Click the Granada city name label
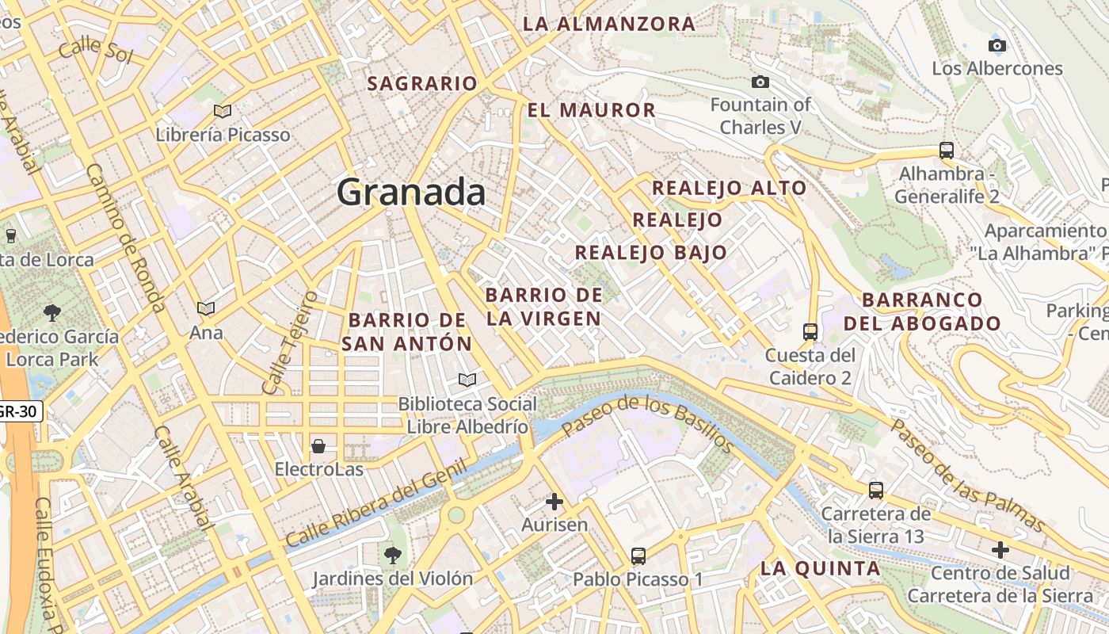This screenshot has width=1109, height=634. (411, 193)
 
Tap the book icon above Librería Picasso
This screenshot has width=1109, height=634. (223, 111)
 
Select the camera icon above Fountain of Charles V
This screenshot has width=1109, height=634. (760, 82)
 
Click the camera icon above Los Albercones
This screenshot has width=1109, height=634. (997, 45)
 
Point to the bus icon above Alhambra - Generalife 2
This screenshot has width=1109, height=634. (946, 150)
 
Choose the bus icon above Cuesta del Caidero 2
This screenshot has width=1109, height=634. (810, 331)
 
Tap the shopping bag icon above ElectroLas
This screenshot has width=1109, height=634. (318, 446)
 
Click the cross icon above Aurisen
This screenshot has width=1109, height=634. (554, 502)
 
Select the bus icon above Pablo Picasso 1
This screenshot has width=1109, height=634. (638, 556)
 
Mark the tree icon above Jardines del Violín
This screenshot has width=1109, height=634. (392, 555)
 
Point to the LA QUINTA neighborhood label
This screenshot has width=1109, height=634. (820, 568)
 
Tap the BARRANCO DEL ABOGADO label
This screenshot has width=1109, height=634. (922, 311)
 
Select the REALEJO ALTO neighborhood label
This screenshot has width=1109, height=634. (729, 189)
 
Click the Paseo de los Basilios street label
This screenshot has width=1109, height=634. (648, 423)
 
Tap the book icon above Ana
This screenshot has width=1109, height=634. (206, 308)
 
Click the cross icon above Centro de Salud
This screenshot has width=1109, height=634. (1000, 549)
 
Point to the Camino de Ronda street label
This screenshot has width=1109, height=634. (126, 238)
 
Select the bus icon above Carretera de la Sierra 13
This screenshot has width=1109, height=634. (875, 490)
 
